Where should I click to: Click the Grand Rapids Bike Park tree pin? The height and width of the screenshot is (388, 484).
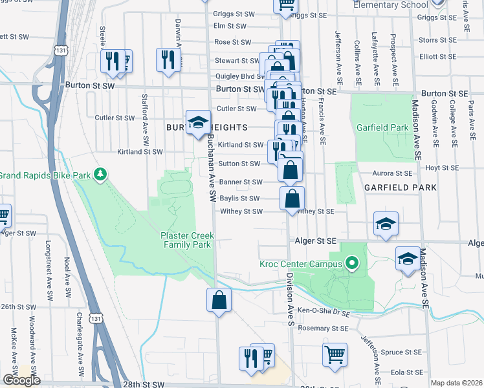[99, 174]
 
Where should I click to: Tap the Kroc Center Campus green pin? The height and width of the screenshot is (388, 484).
[352, 263]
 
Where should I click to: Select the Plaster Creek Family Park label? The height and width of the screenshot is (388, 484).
[186, 241]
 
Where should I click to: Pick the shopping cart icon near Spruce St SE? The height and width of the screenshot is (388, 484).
[335, 354]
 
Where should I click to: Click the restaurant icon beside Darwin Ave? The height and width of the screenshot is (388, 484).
[168, 60]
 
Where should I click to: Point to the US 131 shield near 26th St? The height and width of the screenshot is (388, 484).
[96, 319]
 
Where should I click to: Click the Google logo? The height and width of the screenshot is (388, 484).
[21, 380]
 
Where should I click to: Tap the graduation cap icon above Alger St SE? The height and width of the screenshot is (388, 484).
[386, 225]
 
